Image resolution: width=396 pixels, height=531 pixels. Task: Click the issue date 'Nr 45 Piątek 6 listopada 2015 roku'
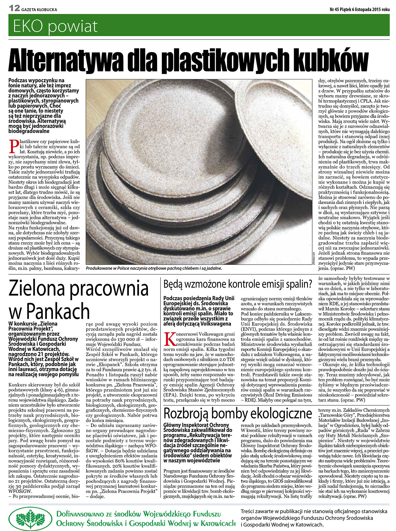(359, 9)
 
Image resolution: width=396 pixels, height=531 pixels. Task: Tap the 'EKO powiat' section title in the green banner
(55, 27)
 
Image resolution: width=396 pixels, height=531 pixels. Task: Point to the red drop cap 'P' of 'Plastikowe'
(13, 146)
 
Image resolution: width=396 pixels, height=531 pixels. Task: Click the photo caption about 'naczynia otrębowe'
(154, 269)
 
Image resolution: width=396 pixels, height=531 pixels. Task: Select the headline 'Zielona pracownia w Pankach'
(79, 300)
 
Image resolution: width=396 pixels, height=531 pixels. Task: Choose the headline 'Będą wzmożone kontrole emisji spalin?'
(238, 284)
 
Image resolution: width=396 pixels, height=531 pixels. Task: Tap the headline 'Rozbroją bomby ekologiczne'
(238, 414)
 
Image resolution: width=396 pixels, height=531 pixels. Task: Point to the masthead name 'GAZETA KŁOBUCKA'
(39, 9)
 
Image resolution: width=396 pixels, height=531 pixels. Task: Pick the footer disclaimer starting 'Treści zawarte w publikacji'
(314, 518)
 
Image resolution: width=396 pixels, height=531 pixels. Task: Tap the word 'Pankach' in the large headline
(58, 311)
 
